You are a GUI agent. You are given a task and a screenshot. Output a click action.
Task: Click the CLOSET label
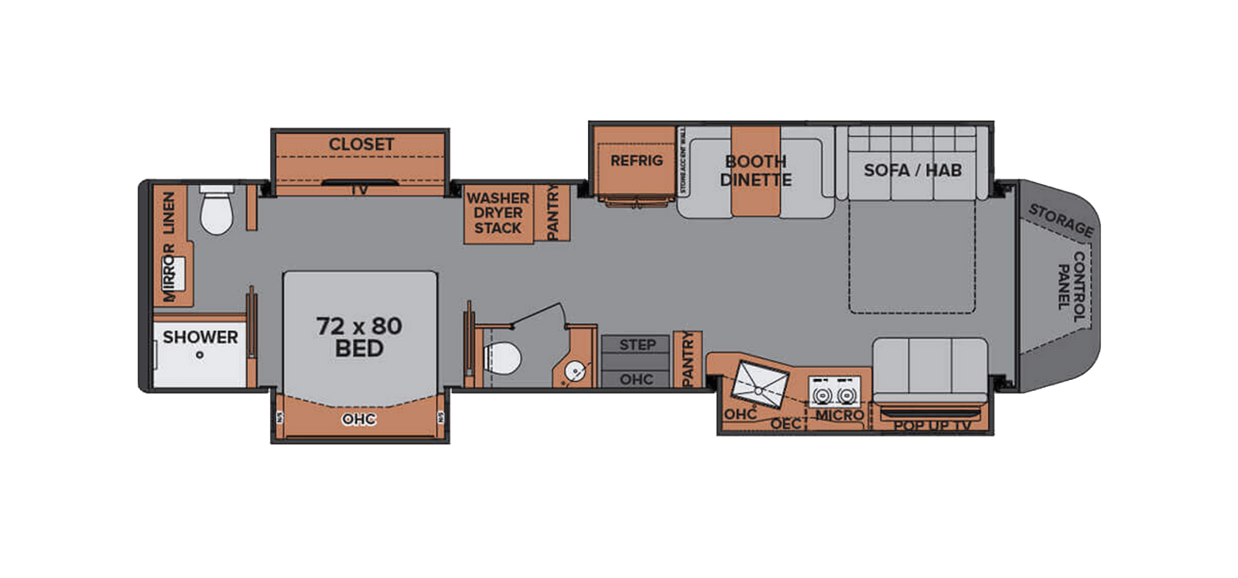coord(361,145)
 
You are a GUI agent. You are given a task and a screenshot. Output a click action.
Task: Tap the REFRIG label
coord(637,161)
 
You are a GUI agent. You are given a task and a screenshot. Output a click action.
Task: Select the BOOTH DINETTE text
coord(756,171)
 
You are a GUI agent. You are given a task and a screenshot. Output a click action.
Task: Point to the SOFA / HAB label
coord(912,169)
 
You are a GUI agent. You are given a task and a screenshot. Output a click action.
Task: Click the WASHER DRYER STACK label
coord(498,213)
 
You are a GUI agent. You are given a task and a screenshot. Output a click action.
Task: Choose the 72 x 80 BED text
coord(359,337)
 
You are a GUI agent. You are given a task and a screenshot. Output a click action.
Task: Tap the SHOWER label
coord(200,337)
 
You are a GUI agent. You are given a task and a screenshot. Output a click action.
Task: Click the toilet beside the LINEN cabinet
coord(216,210)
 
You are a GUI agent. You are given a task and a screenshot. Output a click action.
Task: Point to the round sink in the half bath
coord(575,371)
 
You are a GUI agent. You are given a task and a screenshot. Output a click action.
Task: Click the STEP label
coord(637,345)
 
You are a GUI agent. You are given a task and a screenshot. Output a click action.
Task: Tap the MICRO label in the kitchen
coord(840,416)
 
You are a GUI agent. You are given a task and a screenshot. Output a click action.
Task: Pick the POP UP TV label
coord(932,426)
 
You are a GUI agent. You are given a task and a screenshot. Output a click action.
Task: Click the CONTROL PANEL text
coord(1072,280)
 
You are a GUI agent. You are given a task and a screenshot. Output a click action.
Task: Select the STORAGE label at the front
coord(1061,221)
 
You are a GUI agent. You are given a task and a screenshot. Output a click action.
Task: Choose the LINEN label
coord(169,212)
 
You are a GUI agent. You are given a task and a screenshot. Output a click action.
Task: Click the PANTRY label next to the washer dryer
coord(553,213)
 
